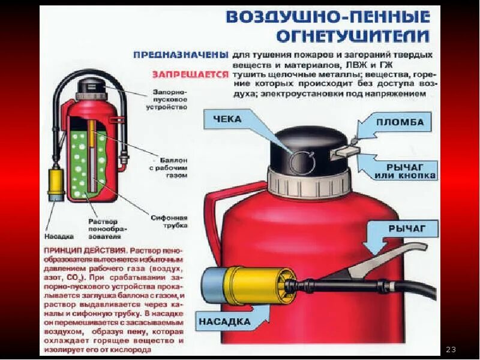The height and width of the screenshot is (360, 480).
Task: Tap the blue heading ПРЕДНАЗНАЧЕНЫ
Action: pos(180,55)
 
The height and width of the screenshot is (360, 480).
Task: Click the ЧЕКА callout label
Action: pos(227,119)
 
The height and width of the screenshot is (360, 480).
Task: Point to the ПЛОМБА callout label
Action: pos(400,124)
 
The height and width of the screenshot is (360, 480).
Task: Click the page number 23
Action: pos(452,349)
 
